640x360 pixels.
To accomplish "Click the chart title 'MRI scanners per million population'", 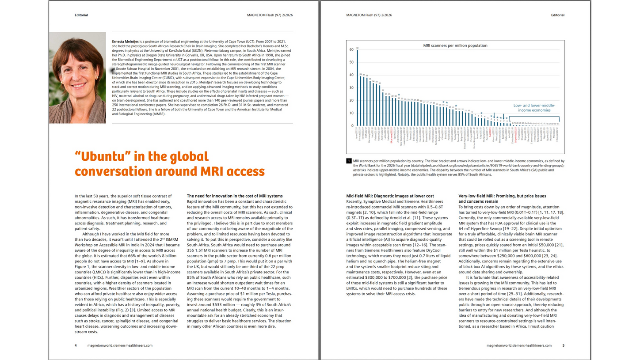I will (x=455, y=45).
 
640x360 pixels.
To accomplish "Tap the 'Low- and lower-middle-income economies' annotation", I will (x=534, y=108).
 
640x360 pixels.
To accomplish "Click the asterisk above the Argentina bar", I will (x=399, y=95).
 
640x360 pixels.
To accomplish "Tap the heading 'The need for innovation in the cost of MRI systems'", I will (x=235, y=196).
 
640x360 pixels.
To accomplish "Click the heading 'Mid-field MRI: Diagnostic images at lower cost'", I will (x=390, y=196).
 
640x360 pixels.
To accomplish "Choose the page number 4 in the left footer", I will (x=76, y=345).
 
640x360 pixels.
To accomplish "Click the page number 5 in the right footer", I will (x=563, y=345).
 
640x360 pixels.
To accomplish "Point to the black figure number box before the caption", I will (x=349, y=161).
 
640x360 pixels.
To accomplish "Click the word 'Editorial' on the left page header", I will (x=81, y=15).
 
